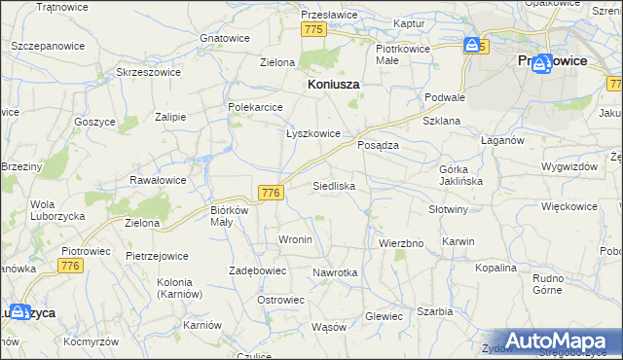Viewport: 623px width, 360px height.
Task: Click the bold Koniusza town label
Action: click(334, 85)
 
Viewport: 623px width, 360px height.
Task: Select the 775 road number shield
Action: click(312, 30)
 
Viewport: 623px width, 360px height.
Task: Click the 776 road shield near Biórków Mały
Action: click(272, 194)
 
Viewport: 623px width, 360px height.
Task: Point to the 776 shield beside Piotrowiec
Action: click(69, 266)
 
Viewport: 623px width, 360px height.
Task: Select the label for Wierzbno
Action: click(400, 243)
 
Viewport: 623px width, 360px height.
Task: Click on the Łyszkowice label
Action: click(312, 134)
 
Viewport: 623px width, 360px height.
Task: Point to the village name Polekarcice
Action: click(255, 107)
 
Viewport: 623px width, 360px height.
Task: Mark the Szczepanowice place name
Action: click(45, 46)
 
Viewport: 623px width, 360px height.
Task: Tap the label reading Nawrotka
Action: click(336, 273)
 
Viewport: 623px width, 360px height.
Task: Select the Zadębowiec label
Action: click(257, 270)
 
